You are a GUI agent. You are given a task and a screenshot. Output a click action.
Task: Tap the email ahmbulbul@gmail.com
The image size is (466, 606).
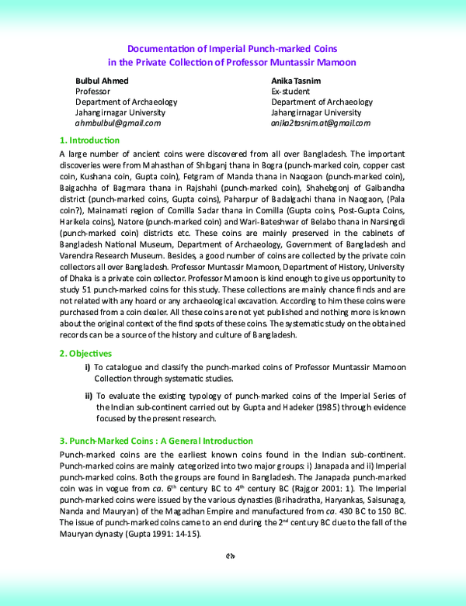click(117, 123)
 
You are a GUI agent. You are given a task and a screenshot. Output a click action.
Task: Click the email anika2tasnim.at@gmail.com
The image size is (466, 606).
click(321, 123)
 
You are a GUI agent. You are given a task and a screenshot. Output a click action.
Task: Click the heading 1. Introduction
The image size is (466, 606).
click(89, 140)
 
